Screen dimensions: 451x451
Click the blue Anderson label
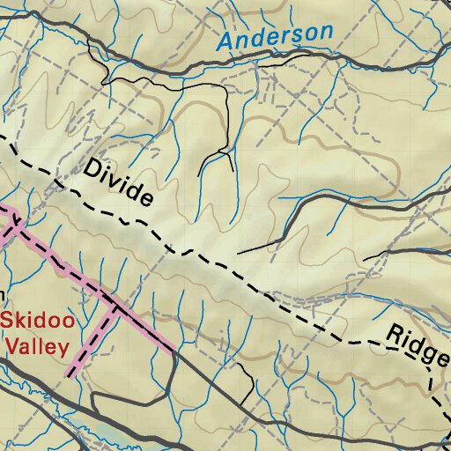[276, 36]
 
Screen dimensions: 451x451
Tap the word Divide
[118, 183]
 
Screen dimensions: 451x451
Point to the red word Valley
[37, 346]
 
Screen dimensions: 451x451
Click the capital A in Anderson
[226, 41]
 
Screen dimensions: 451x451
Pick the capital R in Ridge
[392, 330]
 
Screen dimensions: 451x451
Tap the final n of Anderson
[326, 32]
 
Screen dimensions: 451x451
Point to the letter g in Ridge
[425, 353]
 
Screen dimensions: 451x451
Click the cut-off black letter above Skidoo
[3, 295]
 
